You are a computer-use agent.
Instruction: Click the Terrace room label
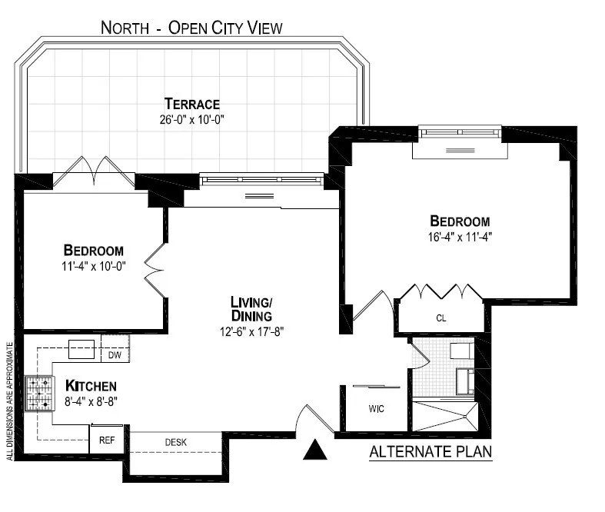191,104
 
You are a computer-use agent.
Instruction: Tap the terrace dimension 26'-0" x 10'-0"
191,120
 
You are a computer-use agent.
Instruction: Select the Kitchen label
91,385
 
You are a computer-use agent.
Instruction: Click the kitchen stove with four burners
38,393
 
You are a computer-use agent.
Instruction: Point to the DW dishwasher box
115,355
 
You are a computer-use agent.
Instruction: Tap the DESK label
176,442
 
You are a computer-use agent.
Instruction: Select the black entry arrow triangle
315,450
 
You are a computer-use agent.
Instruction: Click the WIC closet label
376,408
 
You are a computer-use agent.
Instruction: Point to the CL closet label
440,318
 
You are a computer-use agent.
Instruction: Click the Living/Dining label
251,308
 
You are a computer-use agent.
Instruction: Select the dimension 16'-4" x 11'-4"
460,237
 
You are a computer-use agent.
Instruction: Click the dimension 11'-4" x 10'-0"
94,267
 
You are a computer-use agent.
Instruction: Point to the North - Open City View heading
192,28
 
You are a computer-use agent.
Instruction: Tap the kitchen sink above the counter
81,349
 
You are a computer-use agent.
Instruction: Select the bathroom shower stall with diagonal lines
445,416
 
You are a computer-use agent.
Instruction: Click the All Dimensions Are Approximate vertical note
10,400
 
